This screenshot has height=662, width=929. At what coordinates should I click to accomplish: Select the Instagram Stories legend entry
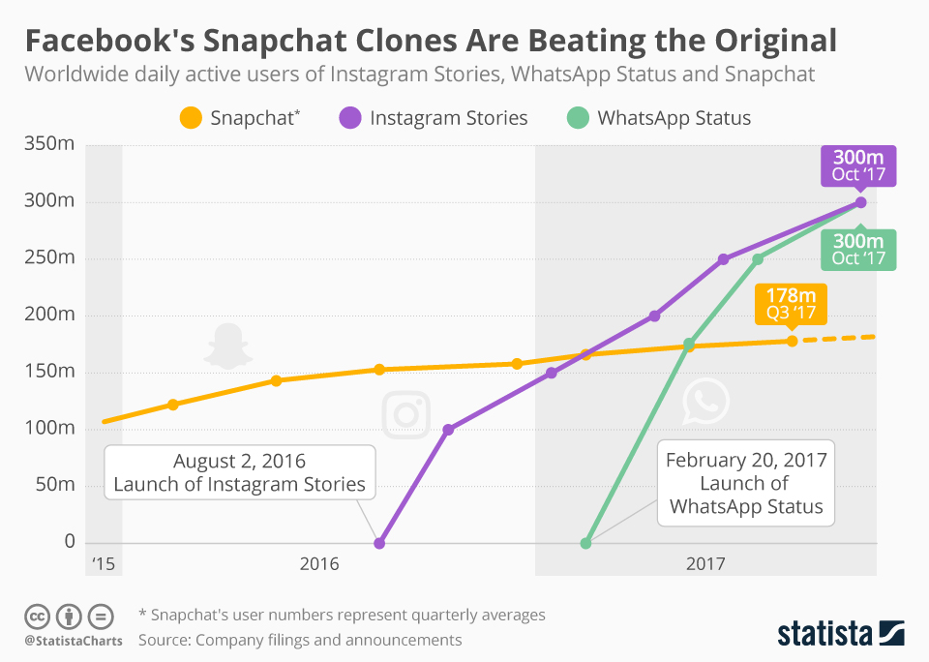coord(435,118)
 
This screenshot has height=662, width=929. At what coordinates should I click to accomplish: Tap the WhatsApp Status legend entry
coord(659,118)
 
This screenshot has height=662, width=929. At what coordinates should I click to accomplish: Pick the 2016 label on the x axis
coord(319,563)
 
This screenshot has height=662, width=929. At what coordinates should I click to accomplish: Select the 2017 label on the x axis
coord(706,563)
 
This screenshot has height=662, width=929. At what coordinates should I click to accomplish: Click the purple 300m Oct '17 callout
coord(858,165)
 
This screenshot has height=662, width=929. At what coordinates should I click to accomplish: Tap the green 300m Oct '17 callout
coord(858,249)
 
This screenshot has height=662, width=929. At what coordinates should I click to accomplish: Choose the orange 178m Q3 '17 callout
coord(791,304)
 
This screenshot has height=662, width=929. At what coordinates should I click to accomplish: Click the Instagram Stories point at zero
coord(379,543)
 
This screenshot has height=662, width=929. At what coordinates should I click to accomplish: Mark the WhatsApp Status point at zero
coord(585,543)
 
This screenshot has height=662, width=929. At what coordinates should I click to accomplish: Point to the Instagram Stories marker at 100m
coord(447,429)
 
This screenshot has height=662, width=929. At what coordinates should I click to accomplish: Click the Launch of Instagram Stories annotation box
coord(240,472)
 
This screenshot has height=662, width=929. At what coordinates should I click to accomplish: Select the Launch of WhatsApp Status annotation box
coord(746,483)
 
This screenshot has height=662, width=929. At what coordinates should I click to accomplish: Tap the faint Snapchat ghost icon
coord(226,346)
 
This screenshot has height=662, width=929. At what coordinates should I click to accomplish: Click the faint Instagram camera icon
coord(406,414)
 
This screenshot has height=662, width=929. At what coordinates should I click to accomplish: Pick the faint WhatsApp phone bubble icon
coord(704,403)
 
